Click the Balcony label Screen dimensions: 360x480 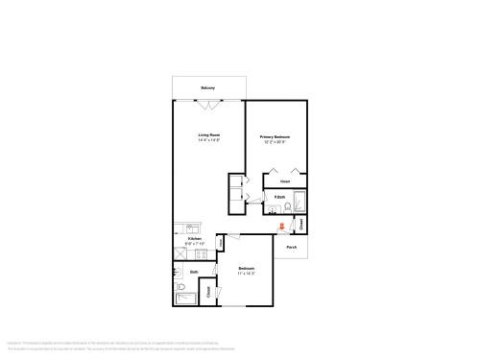coord(207,88)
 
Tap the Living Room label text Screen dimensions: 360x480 coord(209,135)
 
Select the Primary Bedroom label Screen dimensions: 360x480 coord(276,137)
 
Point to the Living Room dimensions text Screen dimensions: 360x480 coord(209,141)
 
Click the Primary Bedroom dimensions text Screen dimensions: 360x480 coord(276,143)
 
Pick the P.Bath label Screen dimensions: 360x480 coord(278,198)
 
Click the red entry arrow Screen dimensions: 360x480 coord(281,227)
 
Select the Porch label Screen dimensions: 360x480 coord(290,247)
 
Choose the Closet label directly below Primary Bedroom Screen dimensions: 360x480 coord(285,180)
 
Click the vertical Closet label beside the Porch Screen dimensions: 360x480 coord(301,225)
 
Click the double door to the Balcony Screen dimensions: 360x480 coord(207,98)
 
